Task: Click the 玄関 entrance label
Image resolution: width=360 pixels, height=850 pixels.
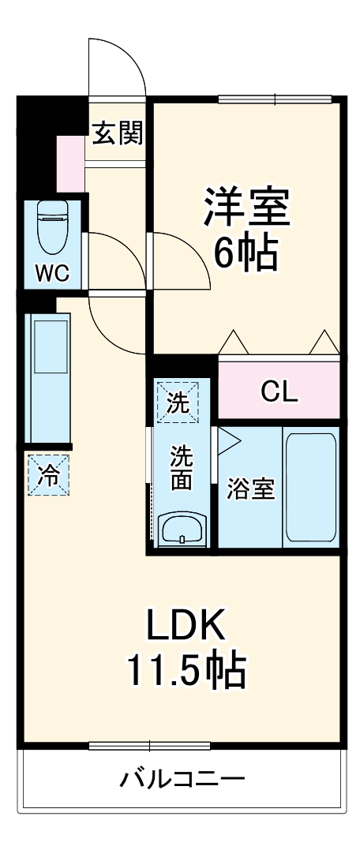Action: click(x=118, y=134)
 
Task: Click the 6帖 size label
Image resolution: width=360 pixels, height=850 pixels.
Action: click(x=246, y=253)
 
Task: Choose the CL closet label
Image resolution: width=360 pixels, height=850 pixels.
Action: click(x=279, y=392)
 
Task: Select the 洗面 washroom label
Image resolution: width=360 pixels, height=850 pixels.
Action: click(x=182, y=469)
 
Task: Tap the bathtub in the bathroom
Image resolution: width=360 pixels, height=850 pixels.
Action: click(x=310, y=487)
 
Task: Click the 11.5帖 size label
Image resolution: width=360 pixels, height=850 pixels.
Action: click(x=186, y=671)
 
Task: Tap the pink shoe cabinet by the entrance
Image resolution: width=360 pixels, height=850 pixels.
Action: click(x=70, y=163)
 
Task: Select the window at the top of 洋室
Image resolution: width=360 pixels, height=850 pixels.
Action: click(x=276, y=99)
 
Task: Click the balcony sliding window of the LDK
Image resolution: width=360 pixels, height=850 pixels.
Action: click(x=149, y=745)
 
